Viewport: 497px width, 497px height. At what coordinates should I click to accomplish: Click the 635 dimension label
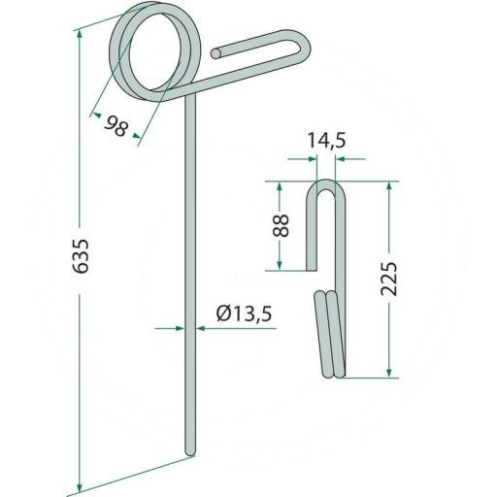pyautogui.click(x=80, y=256)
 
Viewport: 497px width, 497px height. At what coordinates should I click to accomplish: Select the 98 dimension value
pyautogui.click(x=116, y=126)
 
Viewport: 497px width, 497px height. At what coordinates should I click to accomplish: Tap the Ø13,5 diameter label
pyautogui.click(x=245, y=313)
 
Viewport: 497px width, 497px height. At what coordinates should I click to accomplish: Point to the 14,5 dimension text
pyautogui.click(x=326, y=141)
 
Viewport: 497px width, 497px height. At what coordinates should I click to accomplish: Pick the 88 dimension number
pyautogui.click(x=281, y=225)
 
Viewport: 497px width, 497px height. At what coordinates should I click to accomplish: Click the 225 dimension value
pyautogui.click(x=388, y=279)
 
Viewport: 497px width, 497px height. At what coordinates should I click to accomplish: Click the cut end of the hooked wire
pyautogui.click(x=215, y=53)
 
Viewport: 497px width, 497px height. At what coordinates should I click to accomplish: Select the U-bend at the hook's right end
pyautogui.click(x=304, y=46)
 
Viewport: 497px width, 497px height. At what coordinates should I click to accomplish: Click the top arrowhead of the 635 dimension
pyautogui.click(x=80, y=35)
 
